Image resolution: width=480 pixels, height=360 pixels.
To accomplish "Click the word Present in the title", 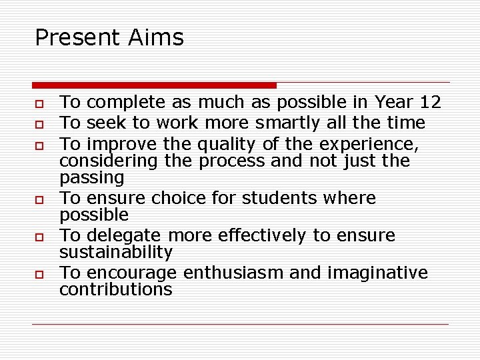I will coord(75,37).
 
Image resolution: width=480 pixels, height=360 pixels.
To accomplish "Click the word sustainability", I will coord(116,252).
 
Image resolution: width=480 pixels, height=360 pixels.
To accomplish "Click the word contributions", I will coord(116,289).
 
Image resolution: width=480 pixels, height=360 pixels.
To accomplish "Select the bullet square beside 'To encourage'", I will coord(40,274).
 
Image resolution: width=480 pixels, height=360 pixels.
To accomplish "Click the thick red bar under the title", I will coord(154,85).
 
